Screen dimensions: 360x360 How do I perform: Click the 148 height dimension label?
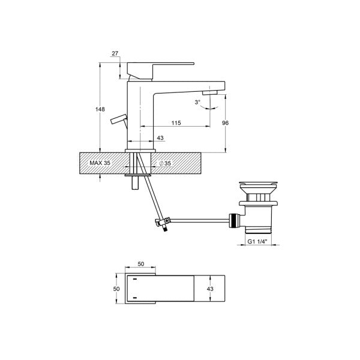click(100, 109)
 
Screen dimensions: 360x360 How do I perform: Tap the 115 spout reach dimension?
click(176, 122)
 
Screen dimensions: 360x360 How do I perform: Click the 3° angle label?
click(197, 102)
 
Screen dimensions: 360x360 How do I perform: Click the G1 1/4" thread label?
click(258, 242)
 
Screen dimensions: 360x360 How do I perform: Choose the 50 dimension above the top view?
click(142, 263)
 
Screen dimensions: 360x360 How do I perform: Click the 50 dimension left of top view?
click(118, 288)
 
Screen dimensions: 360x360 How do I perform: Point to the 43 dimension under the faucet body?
click(160, 139)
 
